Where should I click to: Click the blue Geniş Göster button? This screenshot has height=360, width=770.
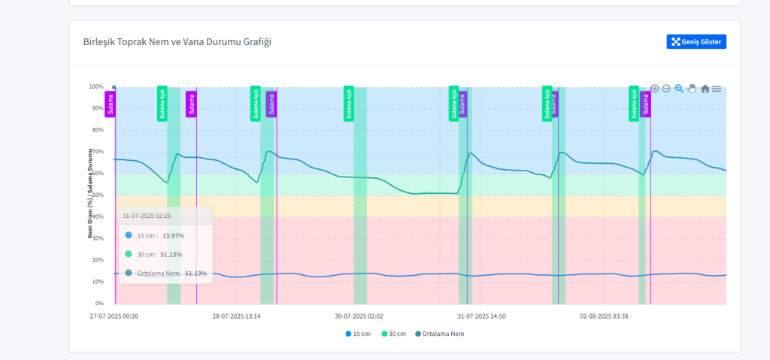click(x=696, y=42)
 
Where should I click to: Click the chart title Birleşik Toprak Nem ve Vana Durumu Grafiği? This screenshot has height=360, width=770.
click(x=177, y=42)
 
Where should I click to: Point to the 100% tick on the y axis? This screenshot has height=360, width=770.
click(x=95, y=87)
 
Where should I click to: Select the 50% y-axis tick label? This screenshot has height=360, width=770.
click(x=97, y=195)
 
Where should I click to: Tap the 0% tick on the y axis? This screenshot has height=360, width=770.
click(x=99, y=304)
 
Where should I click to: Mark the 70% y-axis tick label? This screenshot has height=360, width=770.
click(x=97, y=152)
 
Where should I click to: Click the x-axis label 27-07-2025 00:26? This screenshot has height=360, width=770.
click(x=114, y=316)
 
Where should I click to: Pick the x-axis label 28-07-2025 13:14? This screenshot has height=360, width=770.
click(x=236, y=316)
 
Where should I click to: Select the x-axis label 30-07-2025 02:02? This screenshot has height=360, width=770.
click(x=359, y=316)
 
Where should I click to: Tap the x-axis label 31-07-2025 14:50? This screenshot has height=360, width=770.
click(x=481, y=316)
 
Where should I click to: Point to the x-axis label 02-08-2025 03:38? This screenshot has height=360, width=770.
click(x=604, y=316)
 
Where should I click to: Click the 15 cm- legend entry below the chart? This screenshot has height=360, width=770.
click(x=359, y=334)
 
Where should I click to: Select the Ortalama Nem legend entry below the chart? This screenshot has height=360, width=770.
click(x=439, y=334)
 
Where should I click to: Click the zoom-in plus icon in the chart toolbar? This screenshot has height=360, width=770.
click(x=654, y=89)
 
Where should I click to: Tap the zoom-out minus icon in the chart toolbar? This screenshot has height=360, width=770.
click(x=665, y=89)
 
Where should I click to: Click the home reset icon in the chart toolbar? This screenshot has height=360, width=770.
click(x=705, y=89)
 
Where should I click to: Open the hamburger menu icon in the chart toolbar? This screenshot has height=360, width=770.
click(x=717, y=89)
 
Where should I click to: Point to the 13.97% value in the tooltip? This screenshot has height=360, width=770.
click(x=173, y=236)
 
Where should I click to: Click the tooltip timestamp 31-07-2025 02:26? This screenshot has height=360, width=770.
click(x=147, y=216)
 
